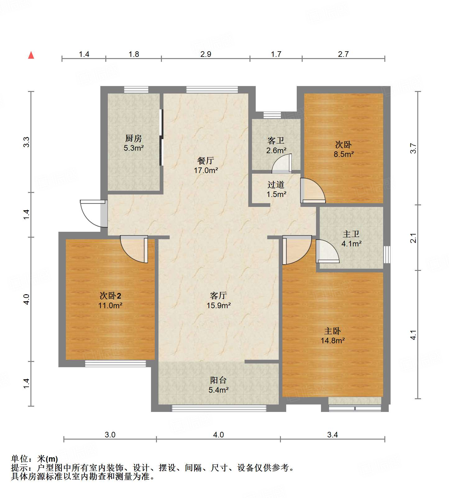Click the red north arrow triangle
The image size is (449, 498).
click(31, 55)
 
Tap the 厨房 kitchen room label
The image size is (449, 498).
click(134, 138)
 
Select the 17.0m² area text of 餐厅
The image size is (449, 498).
click(206, 170)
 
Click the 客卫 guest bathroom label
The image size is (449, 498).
click(276, 141)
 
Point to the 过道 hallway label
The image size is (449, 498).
click(276, 185)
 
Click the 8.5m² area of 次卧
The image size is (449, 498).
click(344, 154)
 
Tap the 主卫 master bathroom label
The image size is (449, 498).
click(351, 234)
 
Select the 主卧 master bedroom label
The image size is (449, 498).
click(332, 331)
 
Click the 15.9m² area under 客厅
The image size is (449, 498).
click(218, 305)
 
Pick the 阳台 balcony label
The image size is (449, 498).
click(218, 380)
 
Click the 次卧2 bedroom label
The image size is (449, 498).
click(110, 295)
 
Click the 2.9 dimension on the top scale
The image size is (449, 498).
click(206, 54)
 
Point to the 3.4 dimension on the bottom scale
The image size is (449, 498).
click(332, 435)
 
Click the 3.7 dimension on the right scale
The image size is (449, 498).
click(413, 148)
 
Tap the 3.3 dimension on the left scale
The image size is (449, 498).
click(26, 142)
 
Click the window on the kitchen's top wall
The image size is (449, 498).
click(136, 89)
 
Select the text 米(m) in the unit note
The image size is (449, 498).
click(48, 459)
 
